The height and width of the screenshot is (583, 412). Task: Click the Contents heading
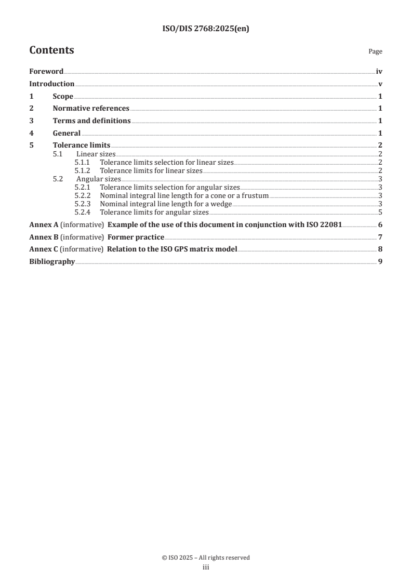click(51, 50)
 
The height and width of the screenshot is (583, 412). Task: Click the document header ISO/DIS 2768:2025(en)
click(206, 29)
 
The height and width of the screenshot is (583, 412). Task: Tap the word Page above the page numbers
click(375, 51)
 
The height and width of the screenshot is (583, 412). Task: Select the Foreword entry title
click(46, 72)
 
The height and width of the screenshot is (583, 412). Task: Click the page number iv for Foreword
click(379, 72)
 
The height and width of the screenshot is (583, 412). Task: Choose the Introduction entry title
click(51, 84)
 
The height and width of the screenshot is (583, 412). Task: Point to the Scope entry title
click(63, 97)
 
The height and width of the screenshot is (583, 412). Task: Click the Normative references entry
click(91, 109)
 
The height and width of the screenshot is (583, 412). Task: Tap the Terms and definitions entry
click(91, 121)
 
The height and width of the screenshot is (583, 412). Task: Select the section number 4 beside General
click(31, 134)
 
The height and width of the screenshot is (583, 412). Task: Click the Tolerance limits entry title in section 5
click(81, 145)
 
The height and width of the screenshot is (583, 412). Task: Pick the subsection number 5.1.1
click(82, 163)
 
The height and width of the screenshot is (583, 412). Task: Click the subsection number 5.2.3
click(82, 204)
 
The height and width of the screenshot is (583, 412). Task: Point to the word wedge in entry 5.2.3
click(221, 204)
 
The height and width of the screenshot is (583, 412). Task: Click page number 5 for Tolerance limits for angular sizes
click(381, 213)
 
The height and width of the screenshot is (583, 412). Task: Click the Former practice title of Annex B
click(136, 237)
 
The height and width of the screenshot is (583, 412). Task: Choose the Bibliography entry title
click(52, 262)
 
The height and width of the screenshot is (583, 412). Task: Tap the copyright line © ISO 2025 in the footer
click(206, 558)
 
